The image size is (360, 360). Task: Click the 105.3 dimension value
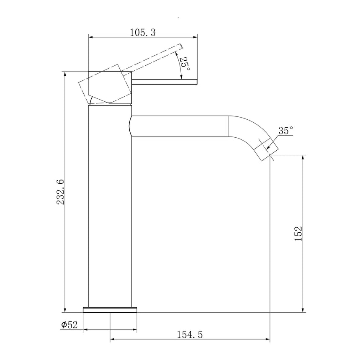coord(143,33)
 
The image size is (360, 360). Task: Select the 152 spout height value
coord(298,234)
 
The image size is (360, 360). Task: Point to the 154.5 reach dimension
coord(190,334)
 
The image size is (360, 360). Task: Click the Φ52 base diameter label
coord(69,325)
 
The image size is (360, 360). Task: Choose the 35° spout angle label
coord(286,131)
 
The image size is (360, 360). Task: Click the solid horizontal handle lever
coord(165,82)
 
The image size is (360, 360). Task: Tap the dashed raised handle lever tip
coord(180,46)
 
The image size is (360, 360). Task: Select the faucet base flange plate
coord(110,310)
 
